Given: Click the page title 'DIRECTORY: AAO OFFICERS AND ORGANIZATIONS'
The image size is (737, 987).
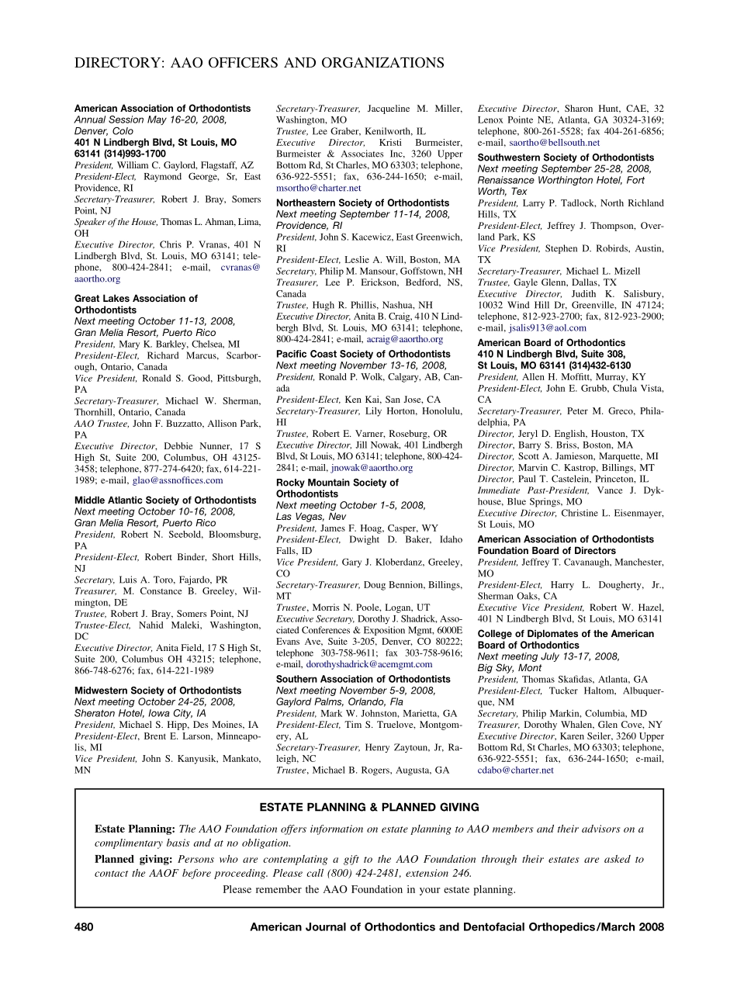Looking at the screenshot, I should tap(259, 63).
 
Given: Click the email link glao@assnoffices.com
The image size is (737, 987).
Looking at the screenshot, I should tap(178, 480).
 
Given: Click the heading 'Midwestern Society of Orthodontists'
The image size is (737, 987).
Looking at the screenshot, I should tap(157, 690).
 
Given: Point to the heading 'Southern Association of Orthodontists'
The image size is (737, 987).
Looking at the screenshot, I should tap(363, 679).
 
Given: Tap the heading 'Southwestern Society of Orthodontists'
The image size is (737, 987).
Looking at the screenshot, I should tap(565, 158).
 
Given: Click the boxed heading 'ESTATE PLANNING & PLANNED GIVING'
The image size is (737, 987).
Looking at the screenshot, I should tap(368, 807).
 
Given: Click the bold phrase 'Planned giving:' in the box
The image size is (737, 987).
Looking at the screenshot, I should tap(134, 859).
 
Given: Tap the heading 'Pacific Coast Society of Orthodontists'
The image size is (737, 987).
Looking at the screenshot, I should tap(363, 354).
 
